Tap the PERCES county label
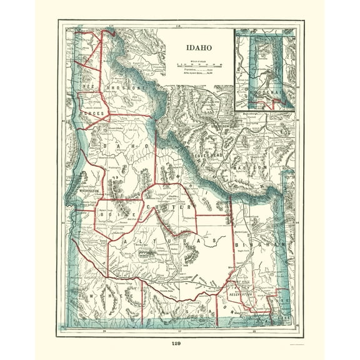coord(92,115)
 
